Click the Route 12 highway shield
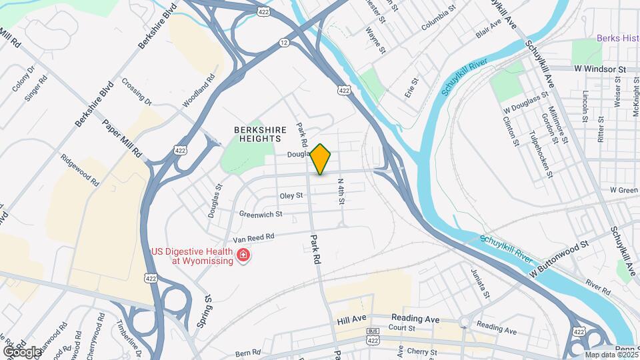[x=285, y=42]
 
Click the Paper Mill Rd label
[x=122, y=138]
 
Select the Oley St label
[x=291, y=196]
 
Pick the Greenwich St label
[x=261, y=215]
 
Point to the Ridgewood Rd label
[x=80, y=171]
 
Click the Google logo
[x=21, y=351]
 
